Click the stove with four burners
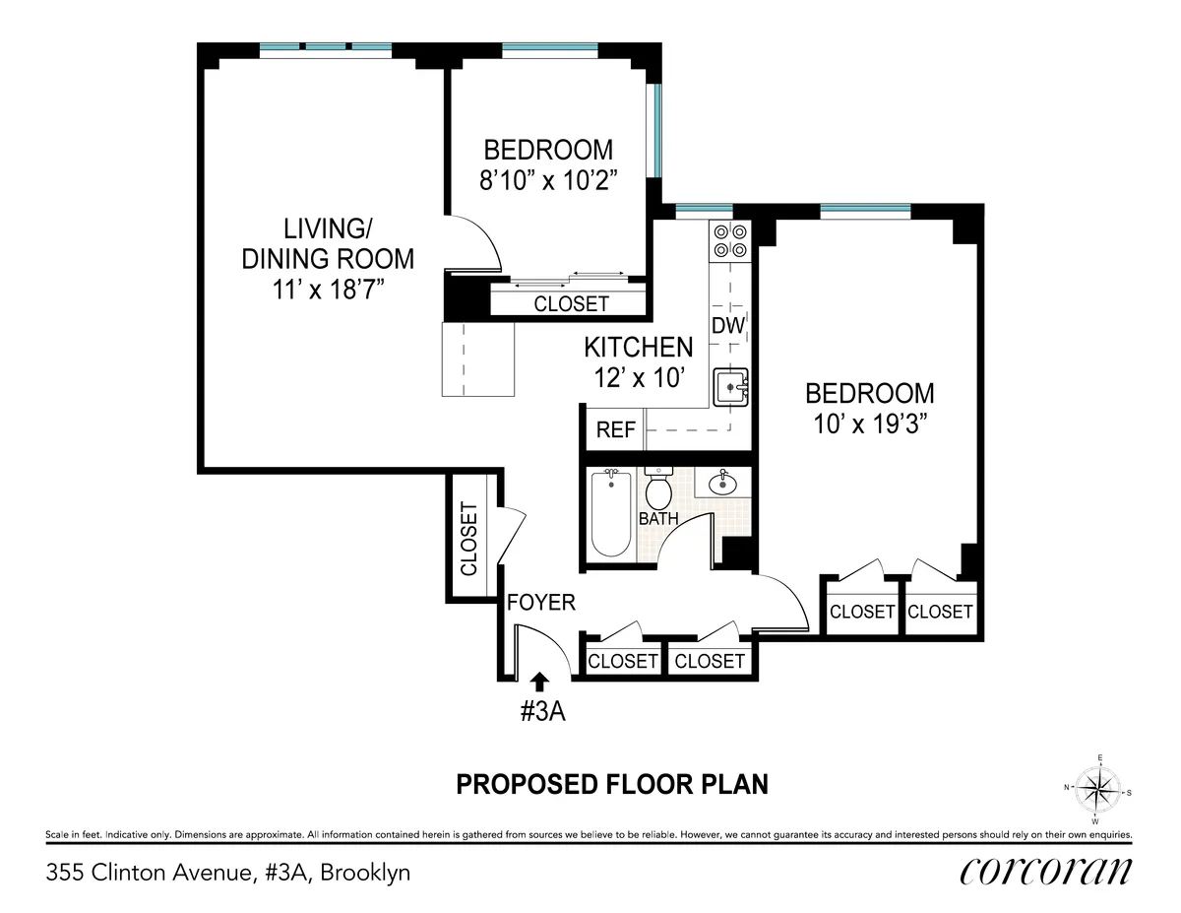[730, 241]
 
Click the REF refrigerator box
[617, 430]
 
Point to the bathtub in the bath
[610, 513]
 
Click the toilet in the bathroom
[657, 488]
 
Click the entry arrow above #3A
[538, 680]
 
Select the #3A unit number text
[541, 712]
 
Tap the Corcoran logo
[1045, 872]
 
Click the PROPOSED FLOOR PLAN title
[611, 784]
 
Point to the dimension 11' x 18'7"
[329, 290]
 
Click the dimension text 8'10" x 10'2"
[548, 182]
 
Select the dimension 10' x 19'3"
[869, 424]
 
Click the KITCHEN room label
[638, 348]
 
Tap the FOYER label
[540, 602]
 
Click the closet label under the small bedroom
[571, 304]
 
